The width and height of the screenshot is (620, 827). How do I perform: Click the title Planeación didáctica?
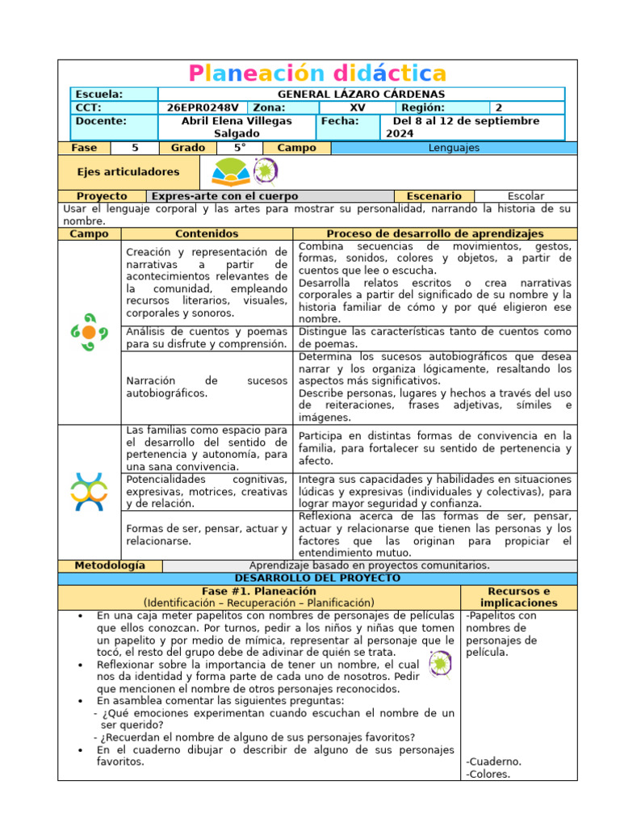click(x=317, y=73)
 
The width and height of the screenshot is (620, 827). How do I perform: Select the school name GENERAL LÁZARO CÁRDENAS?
click(x=361, y=94)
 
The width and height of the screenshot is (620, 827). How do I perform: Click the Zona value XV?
click(x=357, y=107)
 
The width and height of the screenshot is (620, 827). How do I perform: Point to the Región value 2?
click(x=498, y=107)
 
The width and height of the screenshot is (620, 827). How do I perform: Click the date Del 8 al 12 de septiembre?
click(x=466, y=121)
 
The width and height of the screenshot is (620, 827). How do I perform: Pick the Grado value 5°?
click(x=240, y=148)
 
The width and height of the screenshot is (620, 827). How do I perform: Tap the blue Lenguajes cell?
click(x=455, y=148)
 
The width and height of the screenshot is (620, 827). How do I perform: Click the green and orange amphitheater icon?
click(x=230, y=172)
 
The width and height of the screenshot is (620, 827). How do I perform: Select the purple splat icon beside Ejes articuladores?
click(x=264, y=172)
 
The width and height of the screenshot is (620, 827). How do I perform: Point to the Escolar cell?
click(x=526, y=196)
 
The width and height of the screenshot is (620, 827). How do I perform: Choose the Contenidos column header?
click(x=207, y=233)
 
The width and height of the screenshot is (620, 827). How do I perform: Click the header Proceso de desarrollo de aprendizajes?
click(x=435, y=233)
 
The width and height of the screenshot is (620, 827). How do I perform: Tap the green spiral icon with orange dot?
click(x=89, y=332)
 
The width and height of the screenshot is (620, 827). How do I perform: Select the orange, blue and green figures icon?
click(x=89, y=491)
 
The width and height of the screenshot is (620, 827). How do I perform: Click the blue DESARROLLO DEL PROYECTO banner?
click(x=317, y=578)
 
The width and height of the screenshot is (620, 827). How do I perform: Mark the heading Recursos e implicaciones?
click(x=518, y=597)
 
